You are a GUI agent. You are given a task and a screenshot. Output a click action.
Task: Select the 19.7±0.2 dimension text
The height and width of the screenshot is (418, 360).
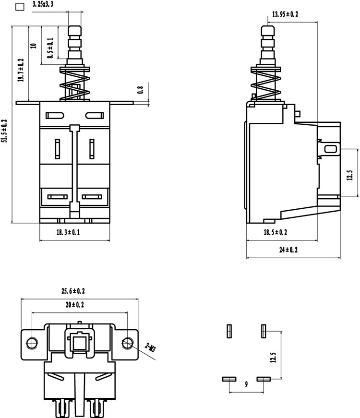(21, 70)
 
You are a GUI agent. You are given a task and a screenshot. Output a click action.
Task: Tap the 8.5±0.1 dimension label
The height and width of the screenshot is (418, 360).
(50, 48)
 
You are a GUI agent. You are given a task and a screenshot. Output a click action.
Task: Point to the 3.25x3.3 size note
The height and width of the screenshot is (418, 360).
(43, 4)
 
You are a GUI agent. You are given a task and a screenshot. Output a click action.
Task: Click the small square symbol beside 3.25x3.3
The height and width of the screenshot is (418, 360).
(20, 7)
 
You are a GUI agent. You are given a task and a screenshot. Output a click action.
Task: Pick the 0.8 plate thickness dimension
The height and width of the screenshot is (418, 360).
(140, 90)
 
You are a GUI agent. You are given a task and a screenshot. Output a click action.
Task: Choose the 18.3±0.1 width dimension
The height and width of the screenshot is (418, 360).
(68, 232)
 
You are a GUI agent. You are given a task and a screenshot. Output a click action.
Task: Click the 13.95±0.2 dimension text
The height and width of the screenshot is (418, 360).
(285, 14)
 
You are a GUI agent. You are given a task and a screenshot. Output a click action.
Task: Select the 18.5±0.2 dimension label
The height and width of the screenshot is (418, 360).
(276, 232)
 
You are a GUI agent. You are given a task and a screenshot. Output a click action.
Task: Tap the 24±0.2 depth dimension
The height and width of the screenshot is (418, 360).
(288, 250)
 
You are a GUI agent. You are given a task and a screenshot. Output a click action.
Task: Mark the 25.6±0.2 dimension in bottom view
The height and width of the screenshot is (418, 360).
(73, 291)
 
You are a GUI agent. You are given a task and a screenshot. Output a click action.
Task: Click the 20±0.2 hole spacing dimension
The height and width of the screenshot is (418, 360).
(75, 304)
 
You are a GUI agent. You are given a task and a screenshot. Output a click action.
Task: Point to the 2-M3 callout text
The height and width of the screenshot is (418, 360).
(150, 347)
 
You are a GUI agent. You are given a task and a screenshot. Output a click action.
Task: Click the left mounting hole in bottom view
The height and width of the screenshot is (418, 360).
(32, 343)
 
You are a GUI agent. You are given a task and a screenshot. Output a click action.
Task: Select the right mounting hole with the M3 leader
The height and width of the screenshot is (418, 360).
(128, 343)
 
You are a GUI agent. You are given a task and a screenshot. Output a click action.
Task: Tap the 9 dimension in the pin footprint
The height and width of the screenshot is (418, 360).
(246, 384)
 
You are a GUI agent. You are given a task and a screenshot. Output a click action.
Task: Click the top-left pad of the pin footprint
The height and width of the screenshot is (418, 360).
(229, 331)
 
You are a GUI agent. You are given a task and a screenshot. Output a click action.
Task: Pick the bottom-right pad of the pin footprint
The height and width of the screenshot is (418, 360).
(264, 379)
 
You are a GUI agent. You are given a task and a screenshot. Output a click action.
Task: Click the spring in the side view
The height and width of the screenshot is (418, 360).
(266, 83)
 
